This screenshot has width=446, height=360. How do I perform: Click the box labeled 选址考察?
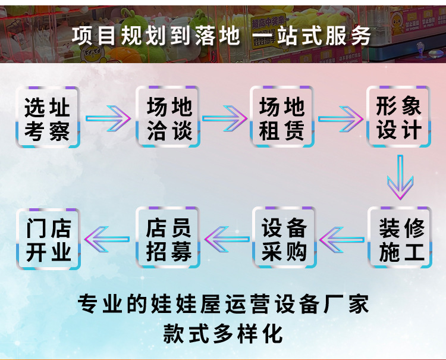(x=48, y=117)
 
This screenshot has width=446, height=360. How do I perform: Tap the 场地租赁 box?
(x=282, y=117)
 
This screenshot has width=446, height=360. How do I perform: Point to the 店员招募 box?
(x=168, y=237)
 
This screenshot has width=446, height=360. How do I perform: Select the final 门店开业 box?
(x=48, y=237)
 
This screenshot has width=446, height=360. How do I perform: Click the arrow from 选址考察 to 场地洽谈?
(x=108, y=118)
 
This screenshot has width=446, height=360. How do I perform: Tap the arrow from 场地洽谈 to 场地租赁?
(x=224, y=118)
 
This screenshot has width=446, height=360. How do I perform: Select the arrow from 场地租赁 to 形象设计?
(x=340, y=118)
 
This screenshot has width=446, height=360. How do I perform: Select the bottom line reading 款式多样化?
(x=223, y=334)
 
